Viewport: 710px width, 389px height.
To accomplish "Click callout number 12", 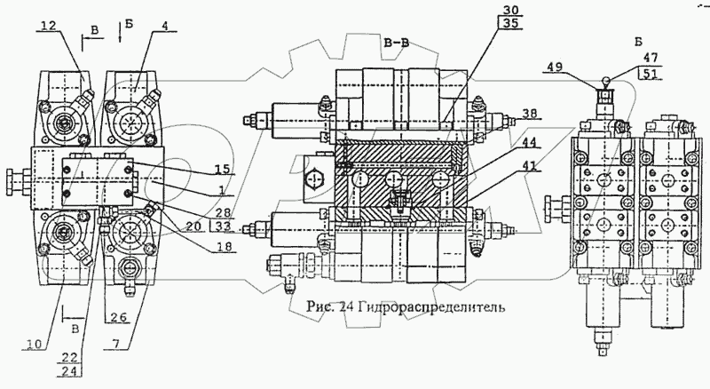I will (x=49, y=28).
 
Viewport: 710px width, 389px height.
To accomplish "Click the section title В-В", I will (x=396, y=42).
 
